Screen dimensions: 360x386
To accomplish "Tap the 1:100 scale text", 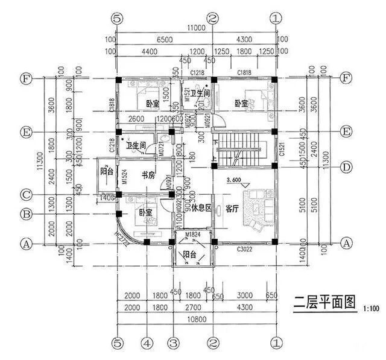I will [371, 309].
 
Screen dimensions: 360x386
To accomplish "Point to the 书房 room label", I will [149, 176].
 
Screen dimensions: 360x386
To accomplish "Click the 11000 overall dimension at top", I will [196, 28].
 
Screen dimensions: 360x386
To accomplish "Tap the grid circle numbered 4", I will [145, 344].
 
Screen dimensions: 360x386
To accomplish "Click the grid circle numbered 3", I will [173, 344].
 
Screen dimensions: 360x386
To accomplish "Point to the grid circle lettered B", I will [26, 213].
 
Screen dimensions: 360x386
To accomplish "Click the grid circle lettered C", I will [26, 195].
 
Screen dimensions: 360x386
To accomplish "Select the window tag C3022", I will [244, 248].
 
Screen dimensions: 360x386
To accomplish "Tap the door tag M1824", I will [193, 234].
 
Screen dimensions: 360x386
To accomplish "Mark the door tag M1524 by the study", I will [124, 175].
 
